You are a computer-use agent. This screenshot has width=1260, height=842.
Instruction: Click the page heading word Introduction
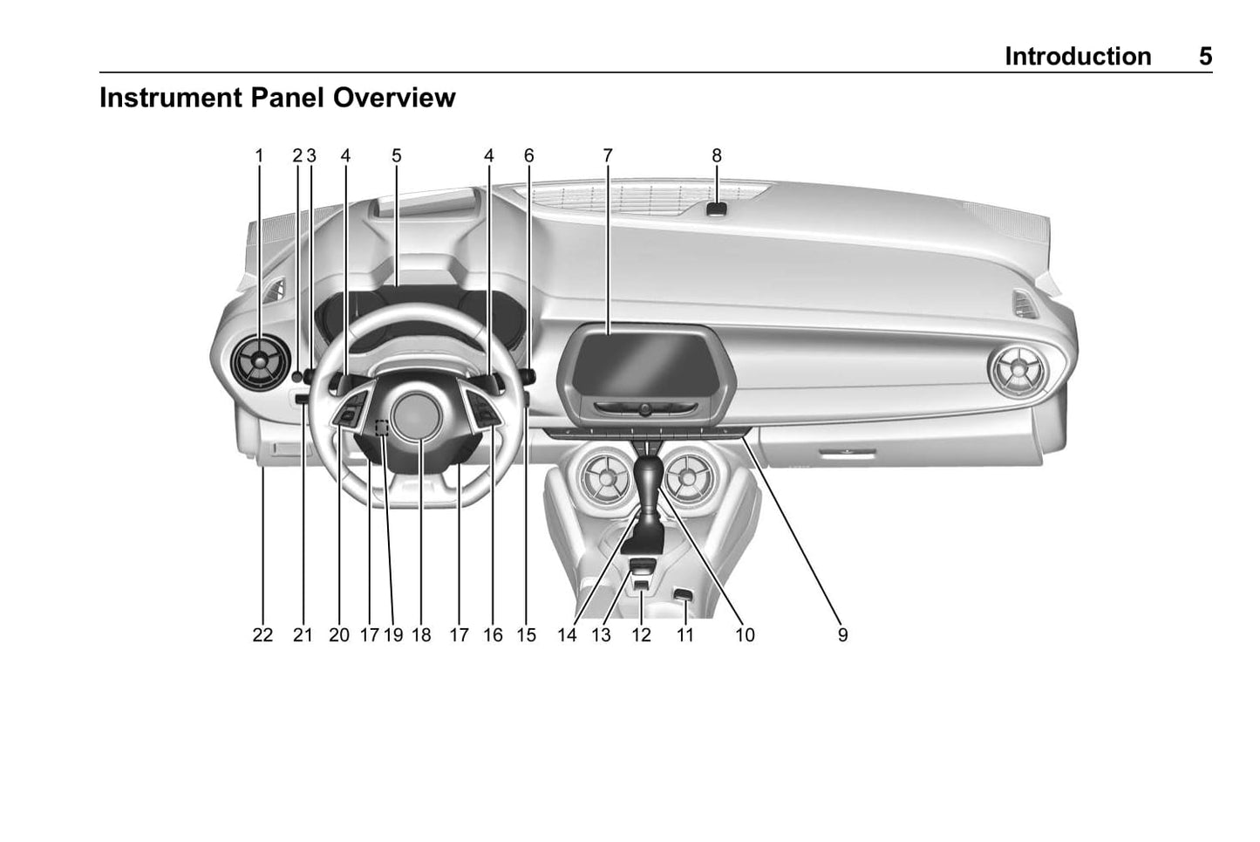1077,57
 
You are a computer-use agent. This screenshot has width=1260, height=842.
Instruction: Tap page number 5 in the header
1204,57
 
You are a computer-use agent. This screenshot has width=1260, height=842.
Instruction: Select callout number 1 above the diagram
259,155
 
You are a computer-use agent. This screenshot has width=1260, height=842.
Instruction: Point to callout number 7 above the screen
607,155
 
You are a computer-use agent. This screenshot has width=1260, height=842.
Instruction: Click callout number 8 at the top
716,155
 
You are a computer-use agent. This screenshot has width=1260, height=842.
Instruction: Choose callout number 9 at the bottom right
842,635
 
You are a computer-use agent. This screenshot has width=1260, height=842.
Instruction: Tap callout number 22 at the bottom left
262,635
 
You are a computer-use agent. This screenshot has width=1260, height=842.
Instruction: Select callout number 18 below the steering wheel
421,635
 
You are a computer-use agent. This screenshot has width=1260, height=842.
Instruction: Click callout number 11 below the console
685,635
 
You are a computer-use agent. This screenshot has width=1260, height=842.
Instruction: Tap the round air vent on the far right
1018,371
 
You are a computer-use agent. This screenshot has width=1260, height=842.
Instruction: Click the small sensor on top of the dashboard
717,209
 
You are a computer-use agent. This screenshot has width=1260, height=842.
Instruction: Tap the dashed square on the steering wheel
382,427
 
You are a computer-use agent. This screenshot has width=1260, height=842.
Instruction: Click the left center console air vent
603,476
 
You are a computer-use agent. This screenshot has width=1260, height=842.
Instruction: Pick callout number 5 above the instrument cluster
396,155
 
